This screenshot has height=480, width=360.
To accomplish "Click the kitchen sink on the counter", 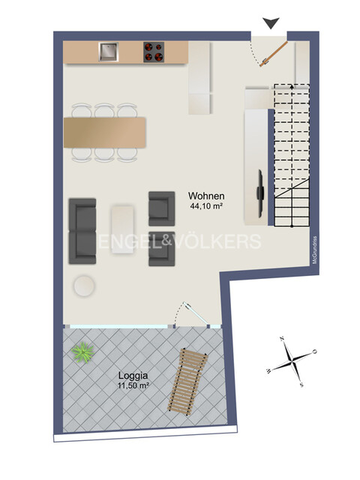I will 109,51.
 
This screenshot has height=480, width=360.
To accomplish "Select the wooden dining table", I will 105,132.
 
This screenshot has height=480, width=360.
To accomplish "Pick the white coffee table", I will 122,228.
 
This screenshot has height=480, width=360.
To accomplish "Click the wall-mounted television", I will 260,184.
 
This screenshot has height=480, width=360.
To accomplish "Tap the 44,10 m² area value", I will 205,206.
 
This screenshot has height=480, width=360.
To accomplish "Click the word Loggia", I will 132,376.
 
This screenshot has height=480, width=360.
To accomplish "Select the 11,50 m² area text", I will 133,385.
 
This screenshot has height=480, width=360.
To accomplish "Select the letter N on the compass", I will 282,339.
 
